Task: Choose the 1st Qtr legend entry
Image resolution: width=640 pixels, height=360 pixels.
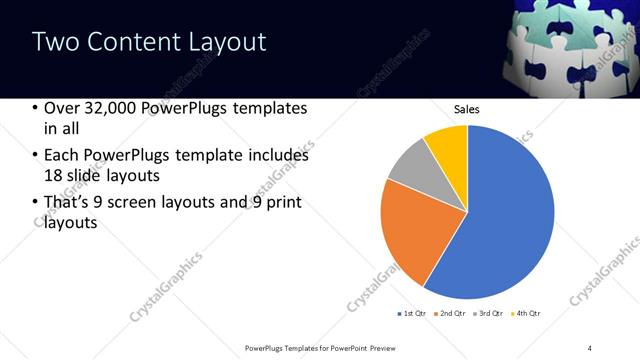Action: (x=411, y=314)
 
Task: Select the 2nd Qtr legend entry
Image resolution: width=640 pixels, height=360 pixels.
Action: (x=451, y=314)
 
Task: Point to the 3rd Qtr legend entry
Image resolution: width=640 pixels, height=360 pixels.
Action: (x=491, y=314)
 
